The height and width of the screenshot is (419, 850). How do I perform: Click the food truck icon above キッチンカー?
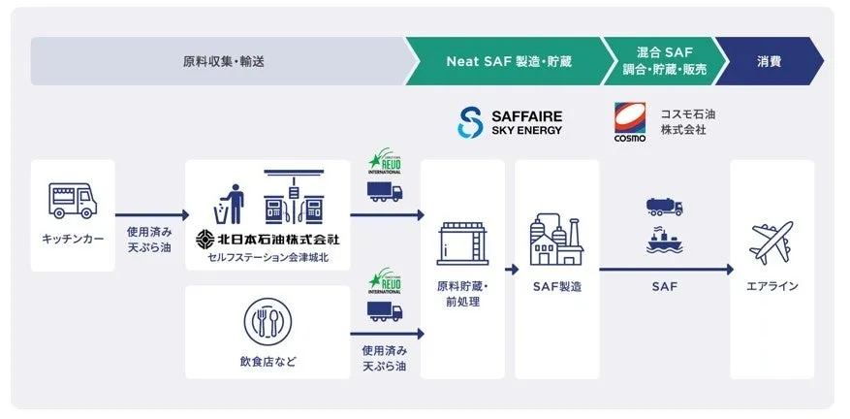pyautogui.click(x=73, y=201)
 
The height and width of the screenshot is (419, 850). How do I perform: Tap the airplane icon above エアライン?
pyautogui.click(x=771, y=242)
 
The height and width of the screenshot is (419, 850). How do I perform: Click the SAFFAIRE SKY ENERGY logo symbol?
pyautogui.click(x=470, y=122)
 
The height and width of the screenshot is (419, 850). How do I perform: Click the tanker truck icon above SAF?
pyautogui.click(x=664, y=207)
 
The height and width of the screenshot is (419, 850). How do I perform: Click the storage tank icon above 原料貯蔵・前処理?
pyautogui.click(x=462, y=242)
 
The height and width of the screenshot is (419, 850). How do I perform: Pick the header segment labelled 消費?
pyautogui.click(x=771, y=61)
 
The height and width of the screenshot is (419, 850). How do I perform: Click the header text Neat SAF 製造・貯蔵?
pyautogui.click(x=509, y=61)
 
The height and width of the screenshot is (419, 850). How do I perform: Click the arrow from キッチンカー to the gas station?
pyautogui.click(x=151, y=215)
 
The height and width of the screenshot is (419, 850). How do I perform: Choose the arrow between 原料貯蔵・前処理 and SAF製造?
pyautogui.click(x=512, y=269)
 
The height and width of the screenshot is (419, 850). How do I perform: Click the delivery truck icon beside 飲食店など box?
pyautogui.click(x=384, y=311)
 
